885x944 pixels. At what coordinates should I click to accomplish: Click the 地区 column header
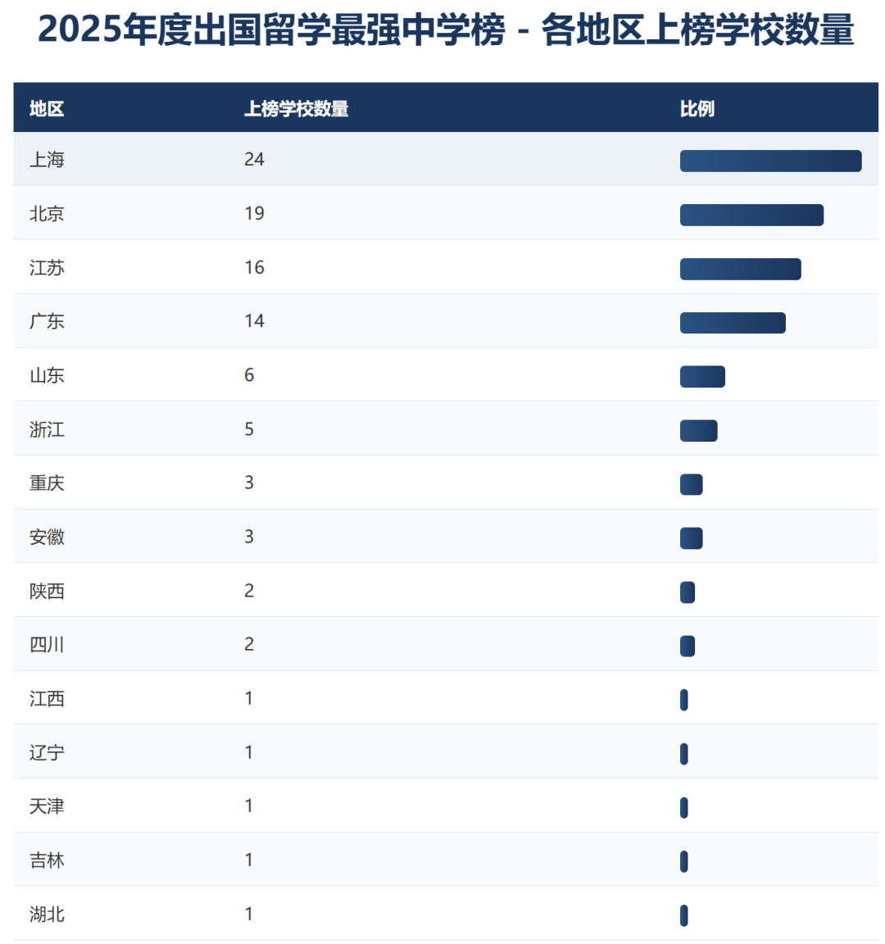tap(47, 109)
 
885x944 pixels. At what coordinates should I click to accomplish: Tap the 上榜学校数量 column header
tap(297, 109)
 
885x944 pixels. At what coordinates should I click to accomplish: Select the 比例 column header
tap(697, 109)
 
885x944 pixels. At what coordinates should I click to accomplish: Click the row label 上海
tap(47, 160)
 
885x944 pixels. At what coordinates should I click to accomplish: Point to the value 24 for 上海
tap(254, 160)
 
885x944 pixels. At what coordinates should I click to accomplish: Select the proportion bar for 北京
tap(751, 215)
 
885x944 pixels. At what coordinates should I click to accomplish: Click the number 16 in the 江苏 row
tap(254, 268)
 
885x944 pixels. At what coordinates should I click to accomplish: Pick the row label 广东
tap(47, 321)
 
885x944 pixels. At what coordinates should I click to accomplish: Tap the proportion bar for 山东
tap(702, 377)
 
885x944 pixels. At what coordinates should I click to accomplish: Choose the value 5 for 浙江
tap(249, 429)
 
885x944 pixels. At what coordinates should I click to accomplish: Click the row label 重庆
tap(47, 483)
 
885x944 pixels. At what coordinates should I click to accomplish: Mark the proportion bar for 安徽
tap(691, 538)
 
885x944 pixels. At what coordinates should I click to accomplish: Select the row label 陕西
tap(47, 592)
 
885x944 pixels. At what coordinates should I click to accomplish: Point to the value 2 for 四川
tap(249, 645)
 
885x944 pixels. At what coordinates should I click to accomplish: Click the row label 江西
tap(47, 699)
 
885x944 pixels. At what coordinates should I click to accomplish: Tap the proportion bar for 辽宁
tap(684, 754)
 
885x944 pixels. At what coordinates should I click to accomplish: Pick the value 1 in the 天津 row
tap(249, 806)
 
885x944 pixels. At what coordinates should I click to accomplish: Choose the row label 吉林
tap(47, 860)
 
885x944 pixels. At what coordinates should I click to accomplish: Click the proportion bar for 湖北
tap(684, 915)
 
